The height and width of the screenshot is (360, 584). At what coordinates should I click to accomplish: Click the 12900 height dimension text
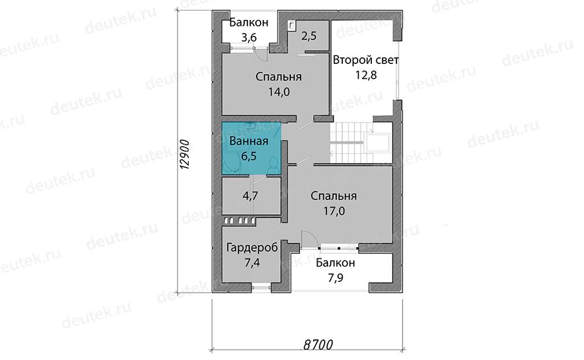coord(185,155)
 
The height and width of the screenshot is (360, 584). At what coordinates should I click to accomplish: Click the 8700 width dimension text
coord(318,345)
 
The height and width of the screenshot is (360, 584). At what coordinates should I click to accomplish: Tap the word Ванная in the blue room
coord(249,141)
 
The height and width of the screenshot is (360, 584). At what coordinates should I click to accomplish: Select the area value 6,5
coord(249,156)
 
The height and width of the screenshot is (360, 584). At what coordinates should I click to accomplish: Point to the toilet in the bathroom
coord(274,166)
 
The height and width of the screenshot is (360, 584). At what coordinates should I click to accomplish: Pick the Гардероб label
coord(252,248)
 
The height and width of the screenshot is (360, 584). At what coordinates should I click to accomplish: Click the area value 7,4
coord(252,262)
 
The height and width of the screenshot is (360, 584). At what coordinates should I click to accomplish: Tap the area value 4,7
coord(250,196)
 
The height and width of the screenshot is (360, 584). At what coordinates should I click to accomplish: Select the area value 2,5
coord(309,36)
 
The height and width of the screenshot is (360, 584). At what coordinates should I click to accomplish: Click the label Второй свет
coord(366,60)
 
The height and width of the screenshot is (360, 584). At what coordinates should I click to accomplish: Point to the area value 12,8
coord(366,75)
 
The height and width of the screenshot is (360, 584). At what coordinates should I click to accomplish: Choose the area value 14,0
coord(279,92)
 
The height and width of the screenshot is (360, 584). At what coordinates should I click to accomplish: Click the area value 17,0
coord(334,211)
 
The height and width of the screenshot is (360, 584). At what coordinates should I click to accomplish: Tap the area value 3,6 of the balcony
coord(249,37)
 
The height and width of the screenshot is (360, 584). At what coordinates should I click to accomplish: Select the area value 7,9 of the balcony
coord(335,278)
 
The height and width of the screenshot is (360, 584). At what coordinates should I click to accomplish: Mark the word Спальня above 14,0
coord(278,77)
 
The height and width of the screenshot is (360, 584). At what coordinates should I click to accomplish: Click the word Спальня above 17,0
coord(334,196)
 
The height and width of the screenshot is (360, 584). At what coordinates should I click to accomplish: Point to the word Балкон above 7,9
coord(335,263)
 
